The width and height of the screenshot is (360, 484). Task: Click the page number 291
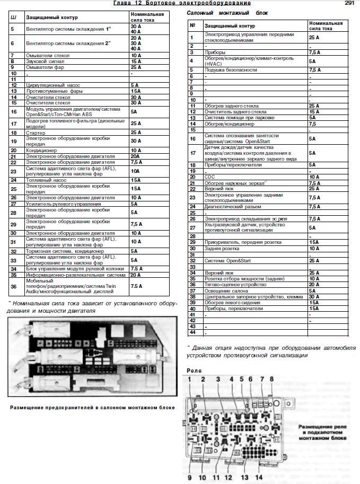(349, 3)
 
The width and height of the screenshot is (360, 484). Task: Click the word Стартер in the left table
(35, 132)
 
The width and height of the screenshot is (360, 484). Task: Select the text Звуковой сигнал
(45, 61)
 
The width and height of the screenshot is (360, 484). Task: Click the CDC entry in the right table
(209, 177)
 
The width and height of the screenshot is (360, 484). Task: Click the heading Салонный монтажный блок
(226, 12)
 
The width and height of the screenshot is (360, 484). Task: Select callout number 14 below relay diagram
(258, 477)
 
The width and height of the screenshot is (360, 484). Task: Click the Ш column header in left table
(13, 17)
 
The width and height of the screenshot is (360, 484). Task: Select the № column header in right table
(192, 25)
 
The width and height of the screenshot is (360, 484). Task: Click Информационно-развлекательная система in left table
(76, 275)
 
